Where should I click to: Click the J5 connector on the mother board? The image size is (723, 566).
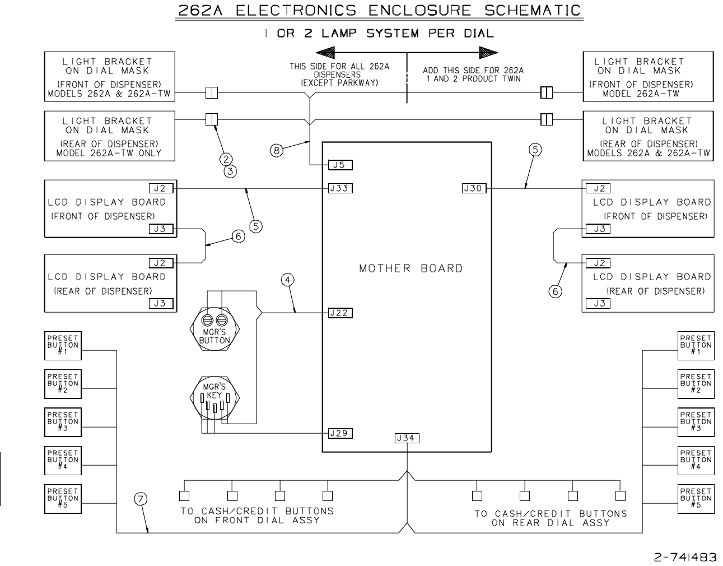(x=340, y=165)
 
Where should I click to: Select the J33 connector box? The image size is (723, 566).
(x=340, y=188)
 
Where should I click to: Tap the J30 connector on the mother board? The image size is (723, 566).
(x=474, y=188)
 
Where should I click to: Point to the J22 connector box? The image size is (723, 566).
(x=340, y=313)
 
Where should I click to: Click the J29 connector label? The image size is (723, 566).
(x=340, y=433)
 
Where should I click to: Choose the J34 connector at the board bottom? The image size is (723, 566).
(x=407, y=438)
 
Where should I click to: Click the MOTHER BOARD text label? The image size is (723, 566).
(x=411, y=268)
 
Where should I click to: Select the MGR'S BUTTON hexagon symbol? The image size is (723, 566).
(x=214, y=328)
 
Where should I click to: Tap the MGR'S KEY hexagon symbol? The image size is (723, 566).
(x=214, y=397)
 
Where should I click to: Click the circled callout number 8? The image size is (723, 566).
(x=277, y=151)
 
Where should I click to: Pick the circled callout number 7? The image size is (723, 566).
(x=141, y=499)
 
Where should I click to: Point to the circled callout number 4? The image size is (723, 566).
(x=288, y=280)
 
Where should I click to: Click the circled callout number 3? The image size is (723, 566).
(x=230, y=171)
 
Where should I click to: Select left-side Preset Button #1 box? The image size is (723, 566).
(x=63, y=346)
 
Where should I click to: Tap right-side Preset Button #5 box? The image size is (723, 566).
(x=696, y=499)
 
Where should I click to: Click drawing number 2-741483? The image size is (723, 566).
(x=685, y=556)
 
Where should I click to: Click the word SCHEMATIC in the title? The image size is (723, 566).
(x=533, y=10)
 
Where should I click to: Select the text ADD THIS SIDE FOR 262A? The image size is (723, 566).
(x=473, y=70)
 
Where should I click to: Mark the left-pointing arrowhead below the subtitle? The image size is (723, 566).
(x=325, y=53)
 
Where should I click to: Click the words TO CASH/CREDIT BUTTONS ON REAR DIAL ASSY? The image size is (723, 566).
(x=551, y=518)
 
